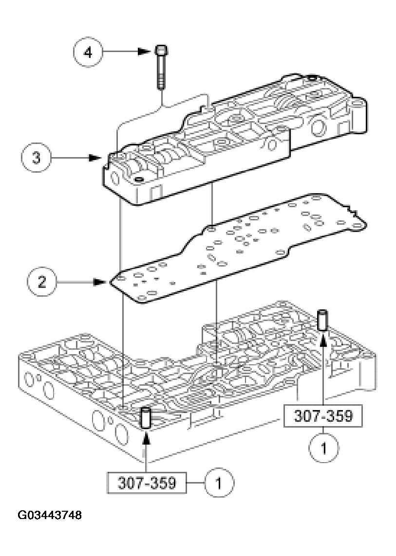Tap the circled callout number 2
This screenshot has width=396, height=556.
(42, 282)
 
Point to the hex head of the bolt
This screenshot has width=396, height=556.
(161, 51)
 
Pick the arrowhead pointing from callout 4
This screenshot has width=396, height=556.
(143, 52)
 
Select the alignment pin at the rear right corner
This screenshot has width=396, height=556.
(322, 319)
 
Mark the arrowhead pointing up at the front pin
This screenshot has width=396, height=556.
(145, 437)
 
